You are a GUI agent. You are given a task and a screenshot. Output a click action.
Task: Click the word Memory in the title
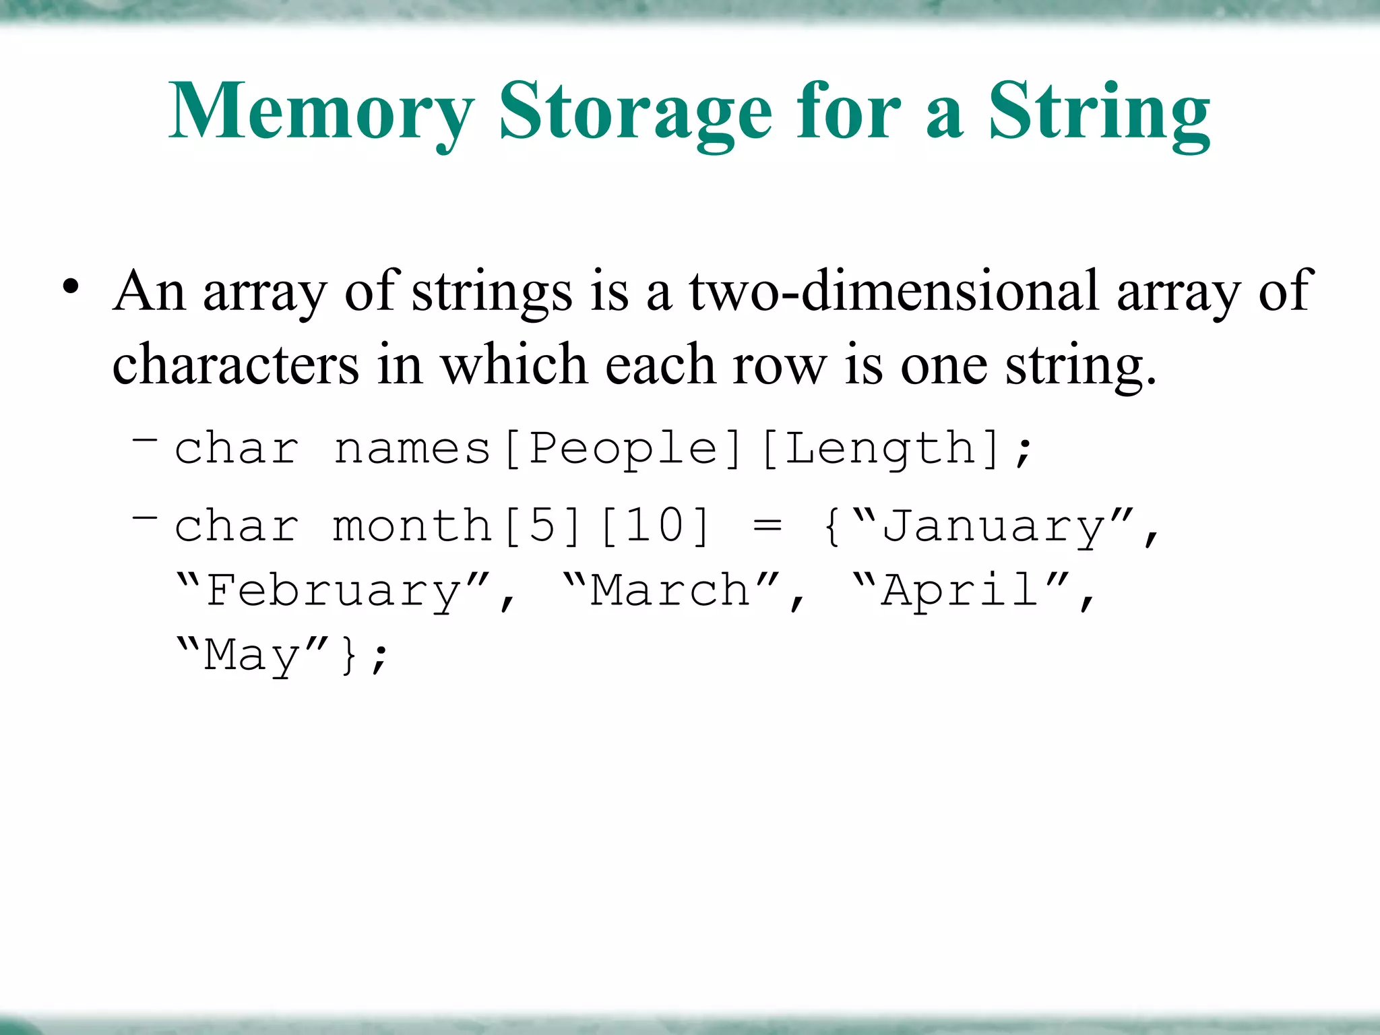pyautogui.click(x=322, y=111)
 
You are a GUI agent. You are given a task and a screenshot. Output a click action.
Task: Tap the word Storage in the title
pyautogui.click(x=635, y=111)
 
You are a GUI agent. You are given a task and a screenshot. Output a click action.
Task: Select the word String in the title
pyautogui.click(x=1099, y=111)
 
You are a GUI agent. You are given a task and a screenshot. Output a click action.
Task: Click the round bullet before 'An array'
pyautogui.click(x=70, y=288)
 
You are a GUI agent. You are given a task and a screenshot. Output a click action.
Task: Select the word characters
pyautogui.click(x=236, y=365)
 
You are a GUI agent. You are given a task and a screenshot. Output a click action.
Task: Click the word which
pyautogui.click(x=514, y=365)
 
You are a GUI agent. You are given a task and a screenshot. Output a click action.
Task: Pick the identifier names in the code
pyautogui.click(x=412, y=448)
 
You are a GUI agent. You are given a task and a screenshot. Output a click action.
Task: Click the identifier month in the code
pyautogui.click(x=412, y=526)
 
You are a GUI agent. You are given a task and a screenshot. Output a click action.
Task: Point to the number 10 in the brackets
pyautogui.click(x=654, y=526)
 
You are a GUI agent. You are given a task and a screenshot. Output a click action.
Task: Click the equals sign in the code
pyautogui.click(x=767, y=526)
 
